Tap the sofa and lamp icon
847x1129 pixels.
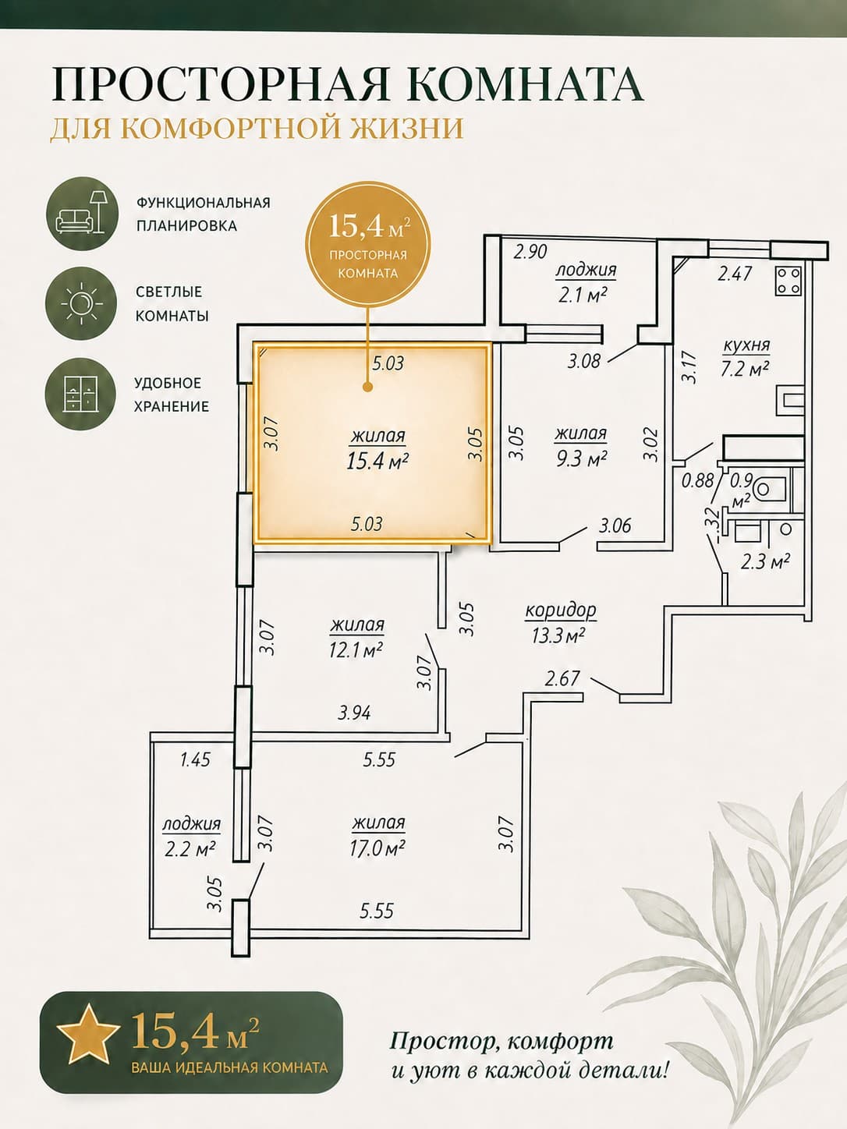[83, 214]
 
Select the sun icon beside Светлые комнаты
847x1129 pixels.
[81, 304]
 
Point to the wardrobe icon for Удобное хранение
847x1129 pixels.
[81, 394]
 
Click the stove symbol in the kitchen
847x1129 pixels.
[789, 281]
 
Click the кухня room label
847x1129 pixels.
[746, 345]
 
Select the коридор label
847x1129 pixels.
[561, 611]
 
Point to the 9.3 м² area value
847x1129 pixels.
[580, 457]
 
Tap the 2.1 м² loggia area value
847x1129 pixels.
[585, 294]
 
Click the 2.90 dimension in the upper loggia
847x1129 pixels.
[530, 252]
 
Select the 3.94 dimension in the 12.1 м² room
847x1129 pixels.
[354, 713]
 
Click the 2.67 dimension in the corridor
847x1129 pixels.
[562, 679]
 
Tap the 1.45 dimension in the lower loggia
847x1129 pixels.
[196, 759]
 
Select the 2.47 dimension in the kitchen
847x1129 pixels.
[735, 273]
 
